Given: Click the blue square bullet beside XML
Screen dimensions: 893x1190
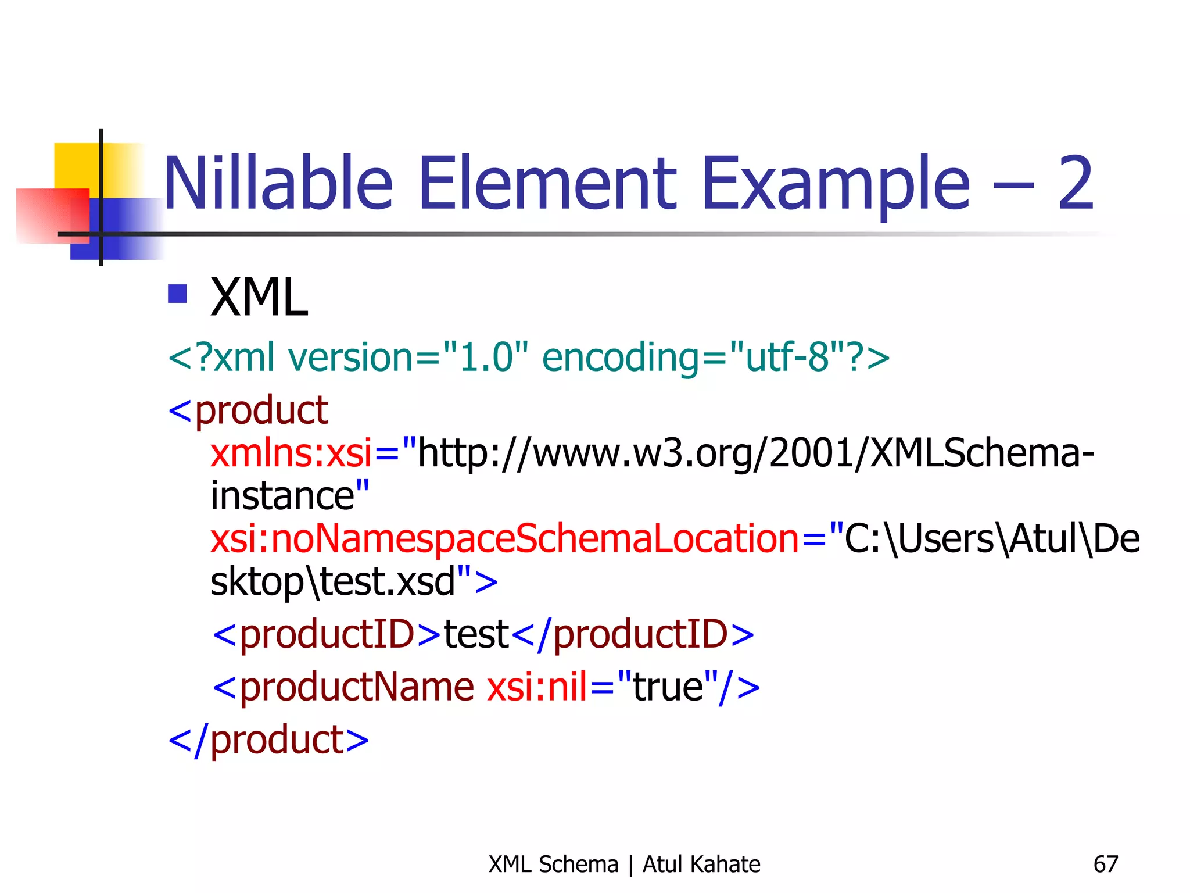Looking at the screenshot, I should pyautogui.click(x=177, y=294).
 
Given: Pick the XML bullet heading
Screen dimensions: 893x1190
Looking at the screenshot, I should pyautogui.click(x=259, y=297).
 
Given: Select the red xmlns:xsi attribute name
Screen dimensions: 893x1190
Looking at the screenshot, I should pyautogui.click(x=291, y=453).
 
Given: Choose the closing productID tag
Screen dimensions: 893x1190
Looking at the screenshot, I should pyautogui.click(x=633, y=634).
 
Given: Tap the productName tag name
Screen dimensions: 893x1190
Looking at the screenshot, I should pyautogui.click(x=356, y=687).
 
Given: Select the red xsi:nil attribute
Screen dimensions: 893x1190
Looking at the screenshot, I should pyautogui.click(x=537, y=687).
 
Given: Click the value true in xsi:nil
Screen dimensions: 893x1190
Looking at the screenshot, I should pyautogui.click(x=668, y=687).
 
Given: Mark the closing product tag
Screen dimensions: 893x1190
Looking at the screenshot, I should pyautogui.click(x=268, y=740).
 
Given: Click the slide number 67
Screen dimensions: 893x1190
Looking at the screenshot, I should pyautogui.click(x=1105, y=865).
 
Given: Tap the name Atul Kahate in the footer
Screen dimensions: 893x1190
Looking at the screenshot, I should pyautogui.click(x=701, y=865).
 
